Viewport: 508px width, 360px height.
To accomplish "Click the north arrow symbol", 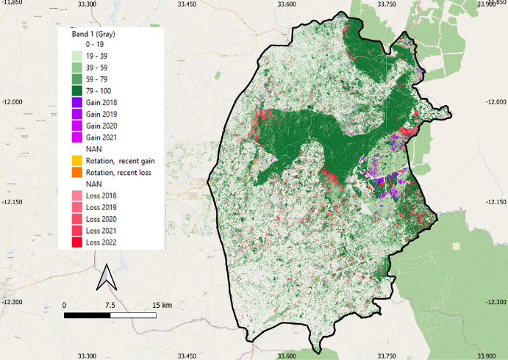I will [106, 278].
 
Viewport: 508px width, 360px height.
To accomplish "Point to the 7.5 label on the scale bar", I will [110, 304].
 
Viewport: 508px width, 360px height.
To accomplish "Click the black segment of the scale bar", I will [87, 314].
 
